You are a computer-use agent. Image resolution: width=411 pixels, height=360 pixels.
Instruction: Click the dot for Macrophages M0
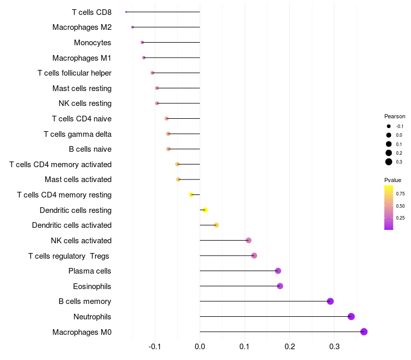click(364, 332)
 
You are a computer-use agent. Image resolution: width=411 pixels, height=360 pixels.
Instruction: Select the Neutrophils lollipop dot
click(351, 316)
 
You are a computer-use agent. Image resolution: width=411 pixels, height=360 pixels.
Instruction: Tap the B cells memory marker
click(330, 301)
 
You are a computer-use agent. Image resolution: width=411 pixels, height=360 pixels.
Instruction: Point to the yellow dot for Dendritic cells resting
click(205, 210)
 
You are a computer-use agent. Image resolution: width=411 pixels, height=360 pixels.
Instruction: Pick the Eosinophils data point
click(280, 286)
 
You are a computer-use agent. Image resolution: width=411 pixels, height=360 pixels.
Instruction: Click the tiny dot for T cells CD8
click(126, 12)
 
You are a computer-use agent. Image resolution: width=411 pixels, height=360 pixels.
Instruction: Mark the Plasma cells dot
click(278, 271)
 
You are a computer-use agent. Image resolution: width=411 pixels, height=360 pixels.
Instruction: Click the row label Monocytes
click(92, 43)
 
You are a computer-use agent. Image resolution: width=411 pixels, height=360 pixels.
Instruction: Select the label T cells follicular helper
click(74, 73)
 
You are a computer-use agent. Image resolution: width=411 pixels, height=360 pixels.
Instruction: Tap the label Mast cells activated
click(78, 179)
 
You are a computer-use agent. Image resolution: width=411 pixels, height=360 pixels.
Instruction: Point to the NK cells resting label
click(85, 103)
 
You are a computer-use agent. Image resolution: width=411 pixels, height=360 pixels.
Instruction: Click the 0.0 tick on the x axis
click(200, 347)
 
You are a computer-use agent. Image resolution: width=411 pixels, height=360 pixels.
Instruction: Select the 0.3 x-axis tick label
click(334, 347)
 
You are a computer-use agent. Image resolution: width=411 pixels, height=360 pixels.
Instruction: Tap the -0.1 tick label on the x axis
click(155, 347)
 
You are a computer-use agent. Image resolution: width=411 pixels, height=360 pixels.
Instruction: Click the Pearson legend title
click(395, 116)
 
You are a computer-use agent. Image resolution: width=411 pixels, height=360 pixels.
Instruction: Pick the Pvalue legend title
click(393, 180)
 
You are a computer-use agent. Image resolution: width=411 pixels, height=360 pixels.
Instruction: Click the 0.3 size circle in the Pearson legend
click(389, 162)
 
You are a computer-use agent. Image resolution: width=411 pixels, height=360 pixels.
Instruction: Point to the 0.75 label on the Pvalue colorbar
click(400, 194)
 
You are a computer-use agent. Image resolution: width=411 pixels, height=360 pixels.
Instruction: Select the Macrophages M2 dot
click(133, 27)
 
